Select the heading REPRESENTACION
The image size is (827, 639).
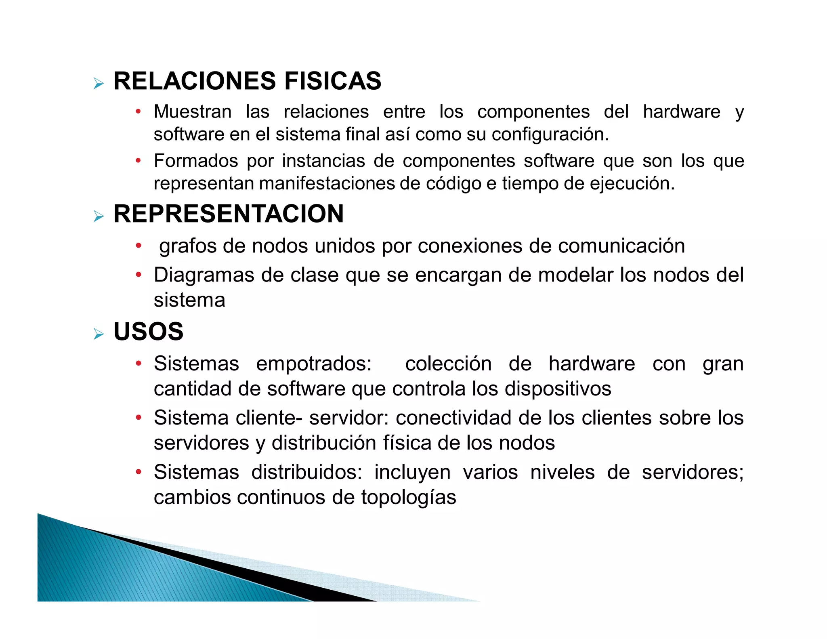(229, 214)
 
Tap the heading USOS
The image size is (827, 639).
(148, 332)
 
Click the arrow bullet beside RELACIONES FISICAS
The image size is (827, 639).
(99, 84)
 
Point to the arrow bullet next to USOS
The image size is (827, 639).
(99, 334)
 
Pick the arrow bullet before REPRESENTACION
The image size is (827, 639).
(99, 217)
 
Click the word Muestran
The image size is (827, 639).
(193, 112)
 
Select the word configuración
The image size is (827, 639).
(550, 135)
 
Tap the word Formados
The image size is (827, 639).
(196, 161)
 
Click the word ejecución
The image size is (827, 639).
(632, 184)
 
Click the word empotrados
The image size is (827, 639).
(314, 364)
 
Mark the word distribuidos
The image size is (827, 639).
(306, 472)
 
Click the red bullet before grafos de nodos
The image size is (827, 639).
(139, 246)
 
